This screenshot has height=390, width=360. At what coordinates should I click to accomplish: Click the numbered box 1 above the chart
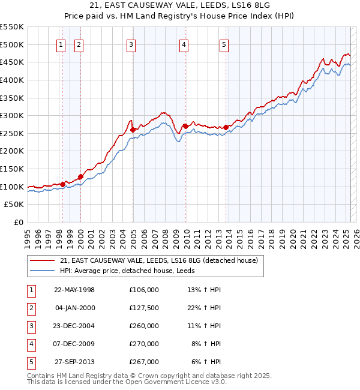click(61, 44)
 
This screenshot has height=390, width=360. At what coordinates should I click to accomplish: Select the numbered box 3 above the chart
click(131, 44)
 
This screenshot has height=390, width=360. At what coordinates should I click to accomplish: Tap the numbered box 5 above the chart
click(224, 44)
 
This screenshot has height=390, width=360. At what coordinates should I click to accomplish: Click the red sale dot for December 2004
click(133, 129)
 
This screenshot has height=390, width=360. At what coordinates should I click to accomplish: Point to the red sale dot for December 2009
click(185, 126)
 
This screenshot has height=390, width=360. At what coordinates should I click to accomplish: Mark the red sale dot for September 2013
click(226, 127)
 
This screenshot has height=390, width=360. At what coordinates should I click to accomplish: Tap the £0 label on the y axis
click(18, 223)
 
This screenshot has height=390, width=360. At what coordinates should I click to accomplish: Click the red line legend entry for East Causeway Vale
click(159, 260)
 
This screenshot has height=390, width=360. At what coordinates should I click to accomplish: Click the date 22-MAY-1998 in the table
click(74, 290)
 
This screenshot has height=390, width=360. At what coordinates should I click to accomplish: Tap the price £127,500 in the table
click(143, 308)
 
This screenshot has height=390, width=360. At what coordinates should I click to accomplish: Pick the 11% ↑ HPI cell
click(205, 326)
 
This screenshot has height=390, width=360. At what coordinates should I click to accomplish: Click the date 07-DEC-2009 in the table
click(74, 344)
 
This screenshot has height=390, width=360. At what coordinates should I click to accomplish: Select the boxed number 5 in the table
click(31, 362)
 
